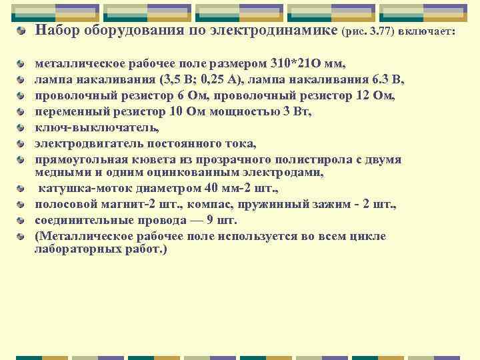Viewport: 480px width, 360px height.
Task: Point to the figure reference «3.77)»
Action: [x=381, y=31]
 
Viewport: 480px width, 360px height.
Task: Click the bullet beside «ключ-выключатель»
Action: [x=23, y=127]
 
